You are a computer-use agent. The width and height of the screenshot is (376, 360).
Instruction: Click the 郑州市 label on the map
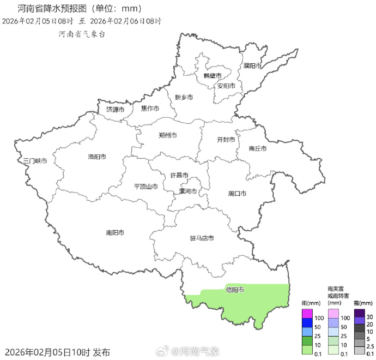[x=167, y=135]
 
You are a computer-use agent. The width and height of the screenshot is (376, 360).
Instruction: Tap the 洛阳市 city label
[x=97, y=157]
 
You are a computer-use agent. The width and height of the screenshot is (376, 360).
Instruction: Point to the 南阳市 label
[x=115, y=232]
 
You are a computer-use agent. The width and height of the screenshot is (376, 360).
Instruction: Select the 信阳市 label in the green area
[x=235, y=290]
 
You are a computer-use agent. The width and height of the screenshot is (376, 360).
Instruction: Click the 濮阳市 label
[x=253, y=66]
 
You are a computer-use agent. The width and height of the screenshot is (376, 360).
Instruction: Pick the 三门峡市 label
[x=35, y=161]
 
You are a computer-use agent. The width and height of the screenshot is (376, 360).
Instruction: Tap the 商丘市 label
[x=257, y=148]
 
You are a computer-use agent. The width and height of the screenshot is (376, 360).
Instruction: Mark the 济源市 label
[x=115, y=110]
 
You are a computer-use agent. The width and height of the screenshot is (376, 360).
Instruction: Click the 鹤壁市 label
[x=213, y=75]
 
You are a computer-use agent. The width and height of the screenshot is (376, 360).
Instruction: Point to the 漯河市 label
[x=188, y=191]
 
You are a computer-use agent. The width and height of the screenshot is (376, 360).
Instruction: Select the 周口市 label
[x=237, y=194]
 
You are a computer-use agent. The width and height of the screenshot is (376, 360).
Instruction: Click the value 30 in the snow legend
[x=369, y=317]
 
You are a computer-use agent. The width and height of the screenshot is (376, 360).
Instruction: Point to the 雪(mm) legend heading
[x=362, y=303]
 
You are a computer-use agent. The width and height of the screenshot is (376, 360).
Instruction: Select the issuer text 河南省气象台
[x=82, y=34]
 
